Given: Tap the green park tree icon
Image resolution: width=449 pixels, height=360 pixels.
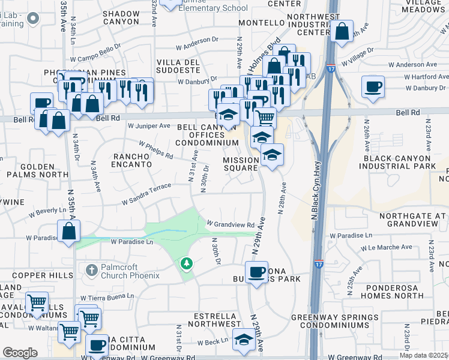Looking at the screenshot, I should coord(187,263).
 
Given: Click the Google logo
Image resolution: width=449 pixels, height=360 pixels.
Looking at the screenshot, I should coord(20,353).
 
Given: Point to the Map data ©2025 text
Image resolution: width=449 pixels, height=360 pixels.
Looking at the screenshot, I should coord(424,355).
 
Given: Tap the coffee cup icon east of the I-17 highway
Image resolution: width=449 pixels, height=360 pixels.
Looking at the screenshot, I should coord(373,86).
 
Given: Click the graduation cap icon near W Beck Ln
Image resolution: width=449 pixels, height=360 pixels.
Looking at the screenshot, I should coord(243,341).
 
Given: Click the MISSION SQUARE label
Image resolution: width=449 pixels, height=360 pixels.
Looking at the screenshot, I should coord(241,164).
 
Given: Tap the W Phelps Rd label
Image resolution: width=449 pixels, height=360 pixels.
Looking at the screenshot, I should coord(155,150).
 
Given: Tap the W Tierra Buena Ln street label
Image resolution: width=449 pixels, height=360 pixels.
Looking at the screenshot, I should coord(109,296).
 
